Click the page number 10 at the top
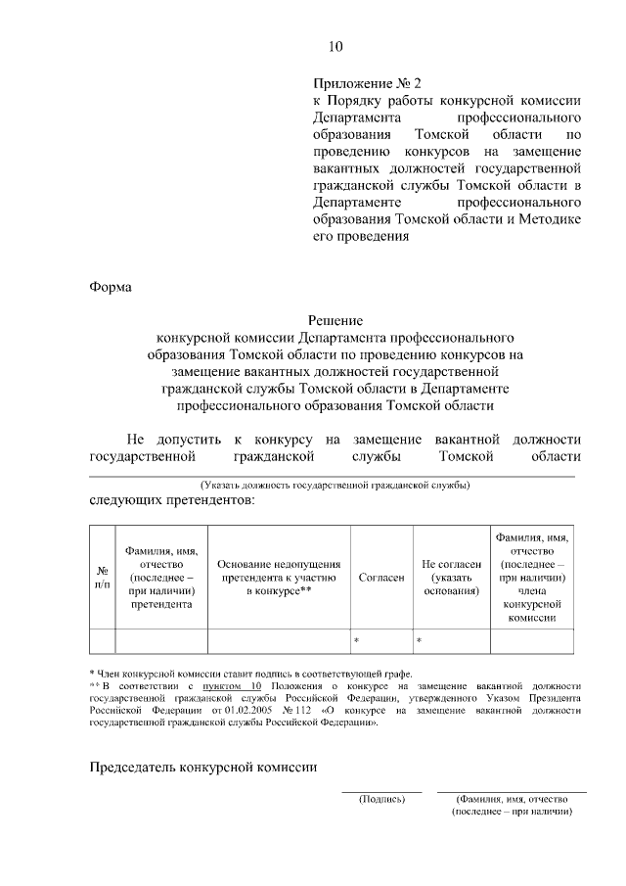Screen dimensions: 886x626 [x=335, y=46]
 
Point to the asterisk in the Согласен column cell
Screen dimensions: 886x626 [x=356, y=640]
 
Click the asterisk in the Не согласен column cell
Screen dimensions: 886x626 [x=419, y=640]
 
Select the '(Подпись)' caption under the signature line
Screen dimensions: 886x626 [x=381, y=799]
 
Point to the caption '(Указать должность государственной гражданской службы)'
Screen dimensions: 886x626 [x=335, y=485]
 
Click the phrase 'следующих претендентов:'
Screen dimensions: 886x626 [x=171, y=501]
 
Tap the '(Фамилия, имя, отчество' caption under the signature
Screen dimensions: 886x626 [x=512, y=799]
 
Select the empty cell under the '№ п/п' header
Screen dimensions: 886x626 [x=102, y=640]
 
